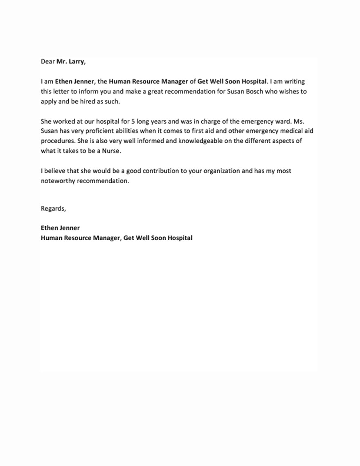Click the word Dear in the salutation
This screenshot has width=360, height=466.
(47, 62)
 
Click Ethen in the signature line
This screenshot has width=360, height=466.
(49, 228)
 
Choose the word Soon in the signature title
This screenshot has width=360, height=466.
(157, 238)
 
